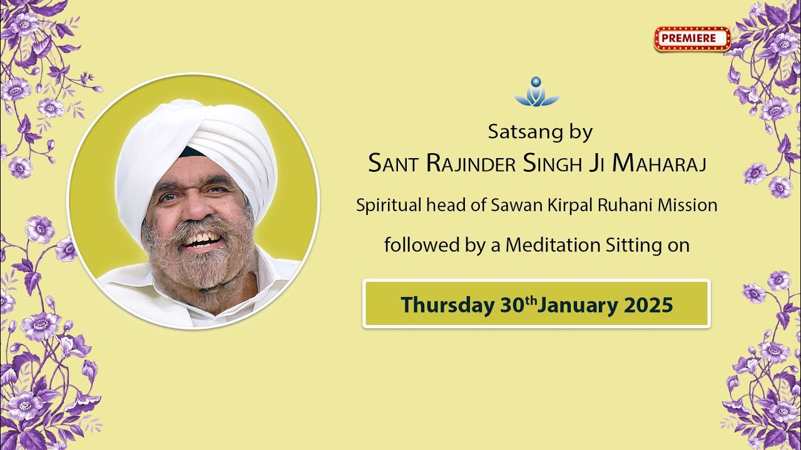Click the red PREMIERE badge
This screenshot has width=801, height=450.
click(x=692, y=38)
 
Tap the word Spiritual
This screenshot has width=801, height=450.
click(x=384, y=205)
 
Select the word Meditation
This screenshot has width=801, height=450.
click(x=553, y=246)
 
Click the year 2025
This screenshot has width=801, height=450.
click(x=648, y=305)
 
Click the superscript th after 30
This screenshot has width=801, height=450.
click(x=531, y=300)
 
